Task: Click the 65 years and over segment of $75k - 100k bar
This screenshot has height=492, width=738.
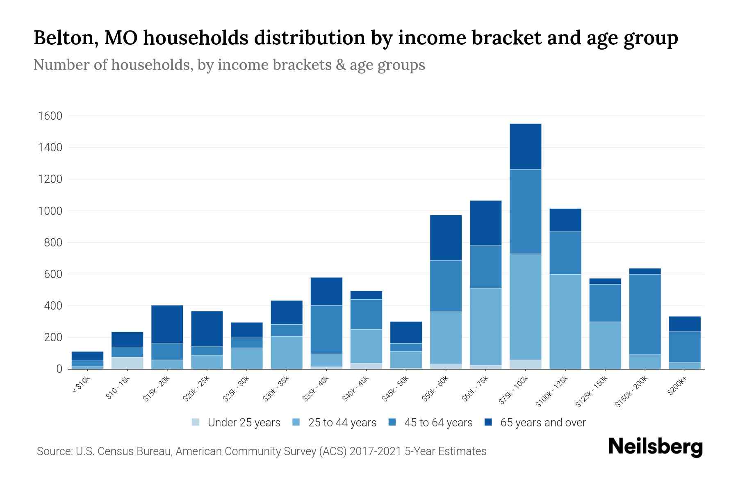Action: coord(525,146)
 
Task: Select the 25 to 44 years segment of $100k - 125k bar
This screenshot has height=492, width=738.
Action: coord(565,321)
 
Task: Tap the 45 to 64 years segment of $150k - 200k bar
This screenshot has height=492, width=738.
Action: coord(645,314)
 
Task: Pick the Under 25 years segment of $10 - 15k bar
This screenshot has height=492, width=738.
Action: coord(127,363)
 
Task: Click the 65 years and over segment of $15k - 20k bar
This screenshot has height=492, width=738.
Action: coord(167,324)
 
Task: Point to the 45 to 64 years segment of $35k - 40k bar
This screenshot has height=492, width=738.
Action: coord(326,329)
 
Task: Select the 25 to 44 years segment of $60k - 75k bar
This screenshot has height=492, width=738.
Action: coord(485,326)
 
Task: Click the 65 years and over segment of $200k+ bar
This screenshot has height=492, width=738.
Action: coord(685,324)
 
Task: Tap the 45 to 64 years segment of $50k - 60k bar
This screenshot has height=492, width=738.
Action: coord(446,286)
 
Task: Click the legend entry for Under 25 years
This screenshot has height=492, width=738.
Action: coord(236,423)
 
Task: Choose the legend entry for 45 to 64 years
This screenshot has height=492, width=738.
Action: coord(430,423)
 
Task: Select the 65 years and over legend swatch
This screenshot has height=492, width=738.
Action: coord(488,422)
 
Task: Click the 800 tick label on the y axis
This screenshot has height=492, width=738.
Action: coord(53,243)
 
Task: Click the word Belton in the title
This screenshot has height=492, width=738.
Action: coord(65,38)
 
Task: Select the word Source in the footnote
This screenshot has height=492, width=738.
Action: coord(54,451)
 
